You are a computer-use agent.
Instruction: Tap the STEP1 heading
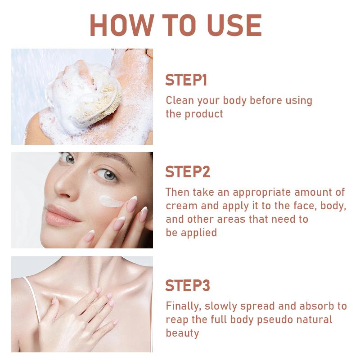(186, 80)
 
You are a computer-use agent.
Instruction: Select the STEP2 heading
(188, 172)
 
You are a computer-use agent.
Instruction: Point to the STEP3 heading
(188, 286)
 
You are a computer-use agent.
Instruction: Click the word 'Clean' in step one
(179, 100)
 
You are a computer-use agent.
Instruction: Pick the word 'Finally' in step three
(183, 306)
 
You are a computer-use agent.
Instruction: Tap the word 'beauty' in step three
(182, 333)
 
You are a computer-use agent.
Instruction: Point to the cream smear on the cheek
(110, 200)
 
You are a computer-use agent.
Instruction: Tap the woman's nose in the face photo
(63, 187)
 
